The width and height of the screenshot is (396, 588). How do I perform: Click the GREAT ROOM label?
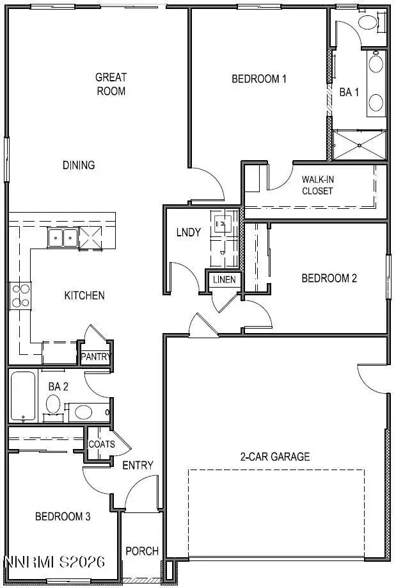pos(111,84)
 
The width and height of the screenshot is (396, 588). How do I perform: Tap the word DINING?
pos(79,165)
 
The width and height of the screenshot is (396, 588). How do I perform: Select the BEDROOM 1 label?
pos(258,79)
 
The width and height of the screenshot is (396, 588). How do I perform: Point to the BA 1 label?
pos(349,92)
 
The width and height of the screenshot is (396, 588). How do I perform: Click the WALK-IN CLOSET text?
pos(317,185)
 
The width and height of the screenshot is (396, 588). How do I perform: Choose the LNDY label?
pos(189,233)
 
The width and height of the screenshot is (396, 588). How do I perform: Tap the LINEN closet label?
pos(224,280)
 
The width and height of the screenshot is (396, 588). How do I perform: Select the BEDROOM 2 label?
pos(329,279)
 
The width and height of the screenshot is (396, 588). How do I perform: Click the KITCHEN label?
pos(84,296)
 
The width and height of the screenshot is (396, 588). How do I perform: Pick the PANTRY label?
pos(95,357)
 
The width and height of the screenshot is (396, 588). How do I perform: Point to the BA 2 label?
pos(58,386)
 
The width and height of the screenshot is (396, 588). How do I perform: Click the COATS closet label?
pos(102,445)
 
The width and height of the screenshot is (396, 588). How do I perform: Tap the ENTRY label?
pos(138,465)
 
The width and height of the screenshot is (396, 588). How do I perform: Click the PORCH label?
pos(141,551)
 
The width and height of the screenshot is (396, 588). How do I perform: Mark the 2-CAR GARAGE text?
pos(275,457)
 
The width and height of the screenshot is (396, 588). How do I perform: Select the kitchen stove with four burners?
pos(20,295)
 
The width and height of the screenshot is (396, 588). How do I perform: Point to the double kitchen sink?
pos(63,238)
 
